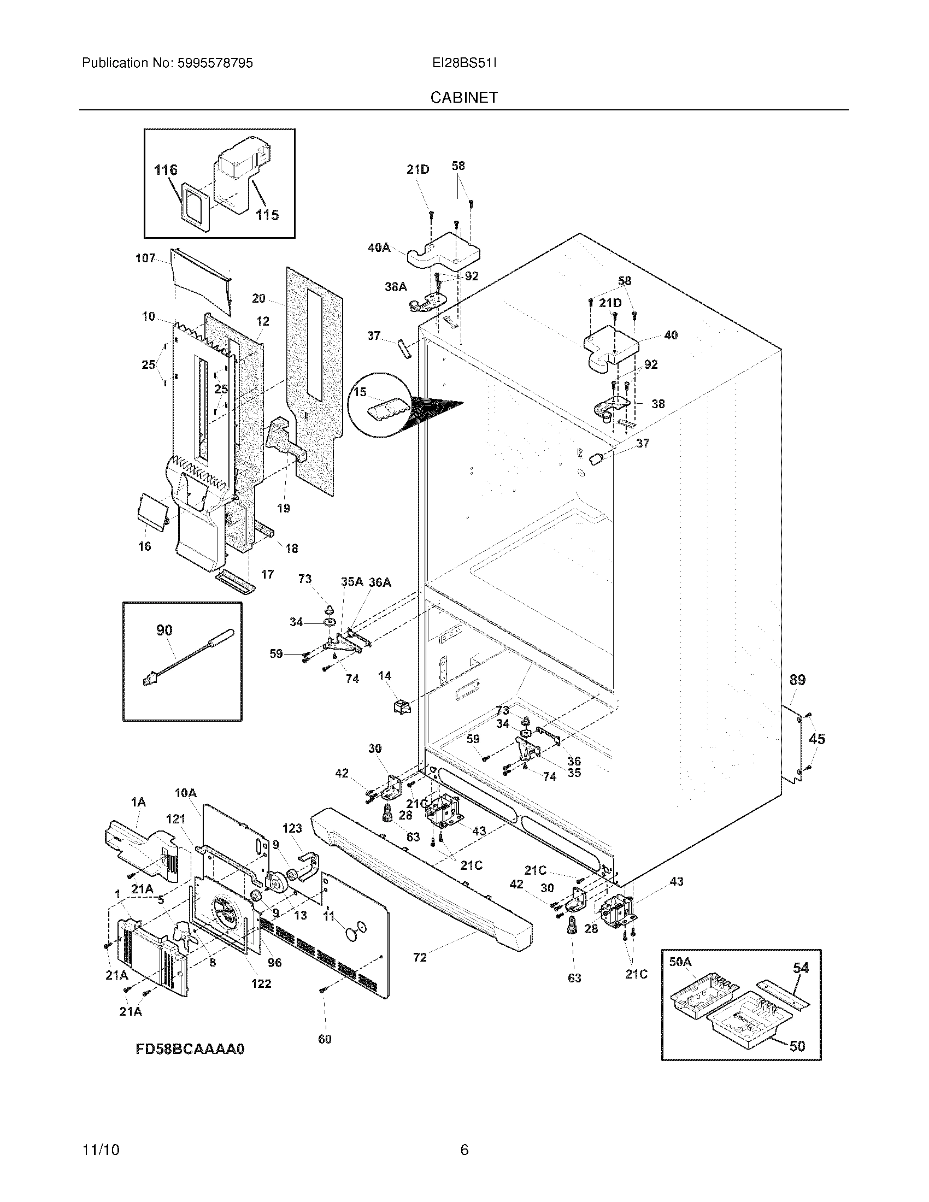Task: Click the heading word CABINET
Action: tap(464, 97)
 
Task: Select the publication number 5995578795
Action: tap(215, 63)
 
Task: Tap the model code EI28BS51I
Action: tap(464, 63)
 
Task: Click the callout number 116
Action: tap(166, 169)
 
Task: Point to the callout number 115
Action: tap(267, 215)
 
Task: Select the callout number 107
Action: tap(145, 258)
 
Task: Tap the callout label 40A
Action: tap(379, 248)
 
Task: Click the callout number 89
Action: tap(797, 680)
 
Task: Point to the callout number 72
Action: tap(420, 958)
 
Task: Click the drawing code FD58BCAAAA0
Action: tap(190, 1049)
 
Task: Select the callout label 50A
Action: tap(680, 962)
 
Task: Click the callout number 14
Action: tap(385, 676)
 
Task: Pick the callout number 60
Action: tap(325, 1039)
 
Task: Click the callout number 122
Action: tap(261, 983)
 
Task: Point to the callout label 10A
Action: tap(185, 793)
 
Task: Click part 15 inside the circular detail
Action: tap(389, 409)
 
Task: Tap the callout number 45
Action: tap(817, 739)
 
